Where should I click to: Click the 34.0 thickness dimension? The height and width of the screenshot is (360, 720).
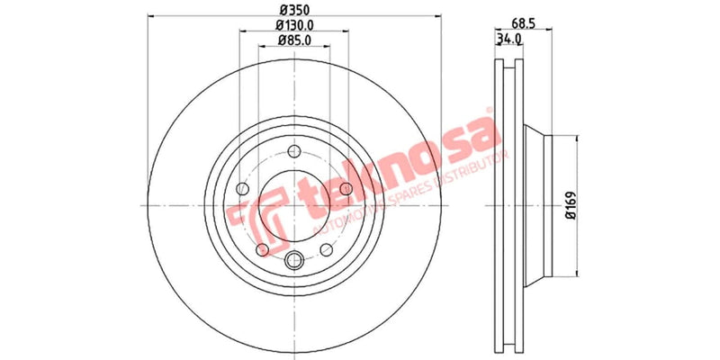[x=509, y=39]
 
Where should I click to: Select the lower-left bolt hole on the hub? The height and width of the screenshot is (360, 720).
[x=262, y=249]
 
